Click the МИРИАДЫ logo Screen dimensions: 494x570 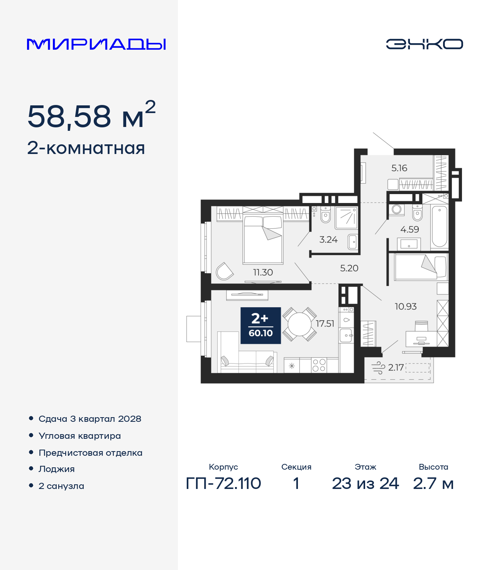click(96, 44)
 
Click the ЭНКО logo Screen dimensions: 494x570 click(424, 44)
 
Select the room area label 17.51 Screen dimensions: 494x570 click(325, 323)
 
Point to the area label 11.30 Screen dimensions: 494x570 click(263, 272)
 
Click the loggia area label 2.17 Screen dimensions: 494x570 click(396, 367)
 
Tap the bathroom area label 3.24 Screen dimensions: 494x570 click(328, 240)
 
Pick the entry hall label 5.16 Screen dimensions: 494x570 click(399, 168)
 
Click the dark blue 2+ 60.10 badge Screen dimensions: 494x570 click(261, 325)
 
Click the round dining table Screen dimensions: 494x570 click(299, 324)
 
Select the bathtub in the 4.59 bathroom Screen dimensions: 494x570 click(439, 227)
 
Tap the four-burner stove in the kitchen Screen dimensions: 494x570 click(319, 365)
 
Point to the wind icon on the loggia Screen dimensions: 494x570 click(378, 368)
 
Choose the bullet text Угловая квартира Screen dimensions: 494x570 click(80, 436)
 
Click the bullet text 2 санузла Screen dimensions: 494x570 click(61, 486)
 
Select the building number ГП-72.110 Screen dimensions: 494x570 click(223, 484)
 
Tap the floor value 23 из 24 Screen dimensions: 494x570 click(365, 484)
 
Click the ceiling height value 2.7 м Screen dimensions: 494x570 click(433, 484)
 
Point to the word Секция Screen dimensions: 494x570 click(296, 467)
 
